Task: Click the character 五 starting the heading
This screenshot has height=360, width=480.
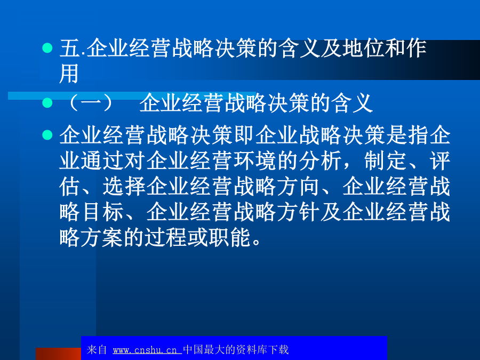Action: (x=70, y=49)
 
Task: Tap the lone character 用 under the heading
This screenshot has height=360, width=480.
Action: (x=69, y=74)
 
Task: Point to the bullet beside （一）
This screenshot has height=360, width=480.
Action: (x=47, y=102)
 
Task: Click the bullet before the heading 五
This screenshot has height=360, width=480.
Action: (x=47, y=48)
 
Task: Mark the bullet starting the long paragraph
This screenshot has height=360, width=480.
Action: (x=47, y=135)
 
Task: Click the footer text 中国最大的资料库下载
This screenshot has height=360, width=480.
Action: (x=236, y=349)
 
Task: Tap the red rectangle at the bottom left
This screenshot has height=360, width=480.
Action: (x=58, y=354)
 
